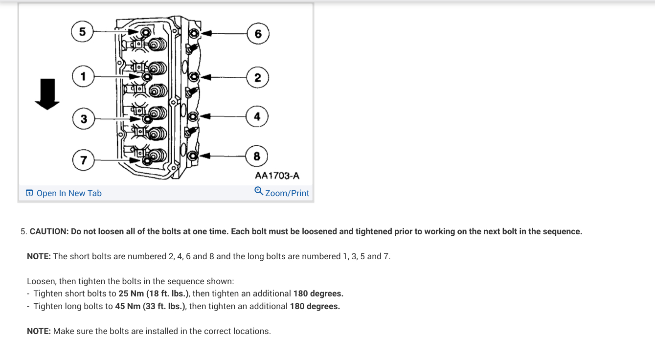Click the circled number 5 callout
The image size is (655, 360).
(x=82, y=31)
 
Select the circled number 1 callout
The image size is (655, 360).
(x=83, y=76)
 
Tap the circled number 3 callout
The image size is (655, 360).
(x=84, y=119)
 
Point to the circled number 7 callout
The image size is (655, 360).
(x=83, y=160)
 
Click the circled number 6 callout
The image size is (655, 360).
(x=258, y=33)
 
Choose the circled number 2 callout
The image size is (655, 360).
(x=257, y=77)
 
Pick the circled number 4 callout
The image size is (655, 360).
(x=257, y=116)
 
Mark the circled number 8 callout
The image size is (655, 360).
(x=257, y=157)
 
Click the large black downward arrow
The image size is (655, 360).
(x=47, y=94)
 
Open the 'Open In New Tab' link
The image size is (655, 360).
(x=69, y=193)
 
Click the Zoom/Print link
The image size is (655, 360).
(x=287, y=193)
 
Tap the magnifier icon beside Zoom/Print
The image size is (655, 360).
(x=259, y=191)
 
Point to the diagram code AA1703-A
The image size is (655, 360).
(x=277, y=175)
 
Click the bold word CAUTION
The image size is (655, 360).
(x=49, y=231)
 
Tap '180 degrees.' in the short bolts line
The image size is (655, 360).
(x=318, y=293)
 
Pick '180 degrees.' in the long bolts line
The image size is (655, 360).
(x=315, y=306)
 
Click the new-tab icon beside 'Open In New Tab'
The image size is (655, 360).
(x=29, y=193)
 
